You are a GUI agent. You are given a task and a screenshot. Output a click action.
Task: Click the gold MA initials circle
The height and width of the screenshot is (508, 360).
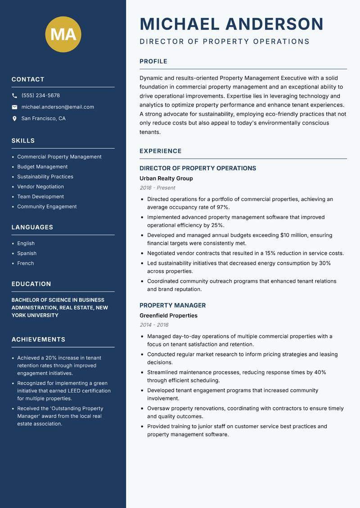[63, 34]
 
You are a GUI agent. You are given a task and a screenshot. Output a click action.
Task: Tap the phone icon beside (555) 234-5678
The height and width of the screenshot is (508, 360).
[14, 96]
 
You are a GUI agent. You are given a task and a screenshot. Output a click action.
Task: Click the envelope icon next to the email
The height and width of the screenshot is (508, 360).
[14, 107]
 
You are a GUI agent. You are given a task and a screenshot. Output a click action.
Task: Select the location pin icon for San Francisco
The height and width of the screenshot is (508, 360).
[14, 119]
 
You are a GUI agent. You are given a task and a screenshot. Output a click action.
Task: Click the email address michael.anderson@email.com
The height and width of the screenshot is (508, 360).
[58, 107]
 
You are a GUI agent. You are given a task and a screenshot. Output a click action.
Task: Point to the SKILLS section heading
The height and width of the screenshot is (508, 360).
[23, 141]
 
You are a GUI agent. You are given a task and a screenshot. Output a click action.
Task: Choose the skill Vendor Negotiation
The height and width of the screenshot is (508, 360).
[40, 187]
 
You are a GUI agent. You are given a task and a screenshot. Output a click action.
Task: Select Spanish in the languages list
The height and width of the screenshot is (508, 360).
[27, 254]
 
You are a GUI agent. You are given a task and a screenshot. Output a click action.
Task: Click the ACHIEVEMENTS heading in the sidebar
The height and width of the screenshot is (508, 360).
[38, 339]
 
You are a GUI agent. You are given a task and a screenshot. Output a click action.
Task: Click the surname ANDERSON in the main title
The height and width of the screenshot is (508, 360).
[274, 24]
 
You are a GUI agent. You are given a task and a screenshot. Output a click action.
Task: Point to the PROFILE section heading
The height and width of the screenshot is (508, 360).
[153, 62]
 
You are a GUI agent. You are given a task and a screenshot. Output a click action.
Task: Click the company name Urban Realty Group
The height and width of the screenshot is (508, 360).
[166, 178]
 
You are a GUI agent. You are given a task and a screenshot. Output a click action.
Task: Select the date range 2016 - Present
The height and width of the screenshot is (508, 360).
[157, 188]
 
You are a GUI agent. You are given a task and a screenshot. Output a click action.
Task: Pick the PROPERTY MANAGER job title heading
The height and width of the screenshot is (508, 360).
[172, 305]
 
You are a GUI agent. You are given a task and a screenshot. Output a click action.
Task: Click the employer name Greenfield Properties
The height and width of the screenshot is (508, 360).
[168, 316]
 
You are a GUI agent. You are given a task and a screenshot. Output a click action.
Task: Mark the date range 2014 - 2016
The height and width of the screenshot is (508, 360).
[154, 325]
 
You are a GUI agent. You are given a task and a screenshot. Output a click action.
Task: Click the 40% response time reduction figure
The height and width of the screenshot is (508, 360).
[320, 372]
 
